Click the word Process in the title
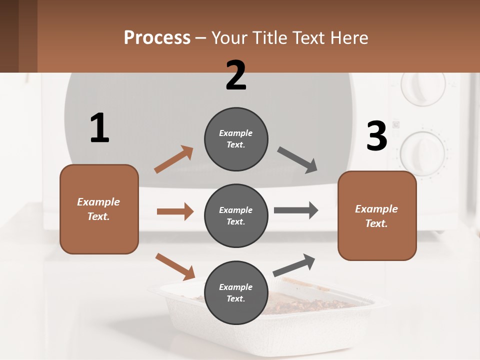(x=157, y=38)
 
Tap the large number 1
(x=99, y=128)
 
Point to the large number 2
(x=236, y=75)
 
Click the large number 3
(x=376, y=136)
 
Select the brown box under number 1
(x=99, y=209)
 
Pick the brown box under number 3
(x=377, y=215)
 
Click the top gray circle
(x=236, y=139)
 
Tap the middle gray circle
(x=236, y=215)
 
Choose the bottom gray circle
(x=236, y=292)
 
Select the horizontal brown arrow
(x=175, y=211)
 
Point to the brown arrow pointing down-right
(x=175, y=266)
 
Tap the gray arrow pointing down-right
(x=298, y=160)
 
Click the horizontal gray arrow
(x=296, y=210)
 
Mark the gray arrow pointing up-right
(x=294, y=265)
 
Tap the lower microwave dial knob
(x=423, y=153)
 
